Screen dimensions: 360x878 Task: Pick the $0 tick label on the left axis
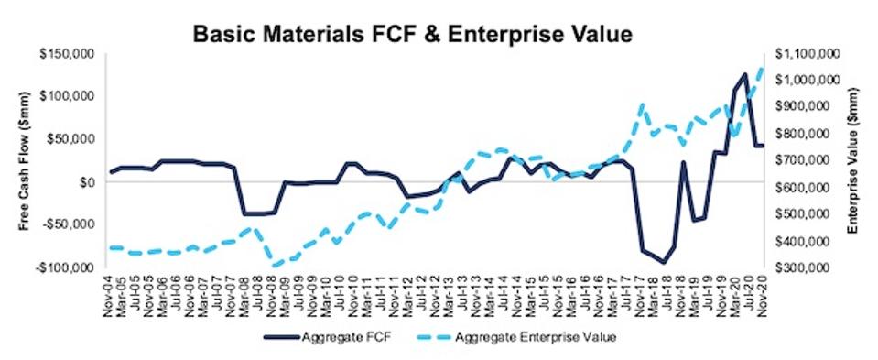(x=87, y=182)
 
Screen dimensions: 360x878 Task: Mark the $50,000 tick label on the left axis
(x=72, y=139)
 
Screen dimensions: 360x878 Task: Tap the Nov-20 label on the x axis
(x=761, y=292)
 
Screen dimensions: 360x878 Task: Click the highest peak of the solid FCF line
(x=745, y=74)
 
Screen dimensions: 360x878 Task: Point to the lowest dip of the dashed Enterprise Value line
(x=275, y=265)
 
